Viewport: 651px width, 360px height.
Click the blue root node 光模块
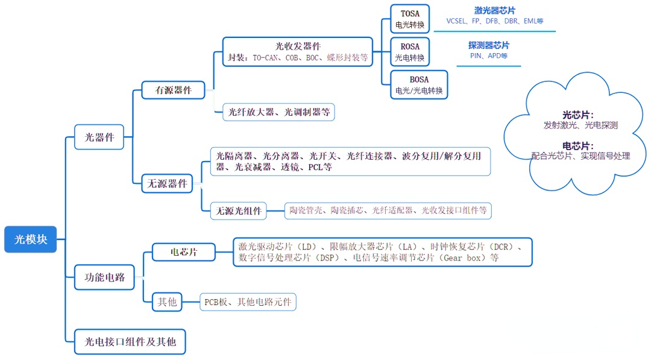point(30,239)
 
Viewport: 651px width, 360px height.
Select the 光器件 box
point(99,137)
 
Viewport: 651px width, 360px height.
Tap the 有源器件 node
point(173,90)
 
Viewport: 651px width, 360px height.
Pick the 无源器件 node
point(167,183)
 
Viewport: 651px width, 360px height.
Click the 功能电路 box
point(104,277)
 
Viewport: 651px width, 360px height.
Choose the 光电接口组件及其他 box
point(130,342)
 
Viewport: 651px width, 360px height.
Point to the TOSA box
point(410,19)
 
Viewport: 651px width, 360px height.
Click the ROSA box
point(410,52)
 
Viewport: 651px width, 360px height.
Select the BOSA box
point(419,84)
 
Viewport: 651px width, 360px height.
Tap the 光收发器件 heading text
point(298,46)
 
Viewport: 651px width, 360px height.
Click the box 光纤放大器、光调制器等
point(278,112)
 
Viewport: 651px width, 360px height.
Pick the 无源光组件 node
point(238,211)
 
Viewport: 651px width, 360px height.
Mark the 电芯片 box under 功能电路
point(183,252)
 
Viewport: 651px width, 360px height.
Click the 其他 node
point(167,302)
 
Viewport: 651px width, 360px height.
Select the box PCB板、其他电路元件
point(248,302)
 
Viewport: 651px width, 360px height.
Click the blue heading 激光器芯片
point(494,11)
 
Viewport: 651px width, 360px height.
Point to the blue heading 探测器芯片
point(489,45)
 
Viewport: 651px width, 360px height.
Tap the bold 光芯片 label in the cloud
point(578,115)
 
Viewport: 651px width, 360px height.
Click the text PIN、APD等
point(489,55)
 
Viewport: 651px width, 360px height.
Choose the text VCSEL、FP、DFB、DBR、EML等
point(494,21)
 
